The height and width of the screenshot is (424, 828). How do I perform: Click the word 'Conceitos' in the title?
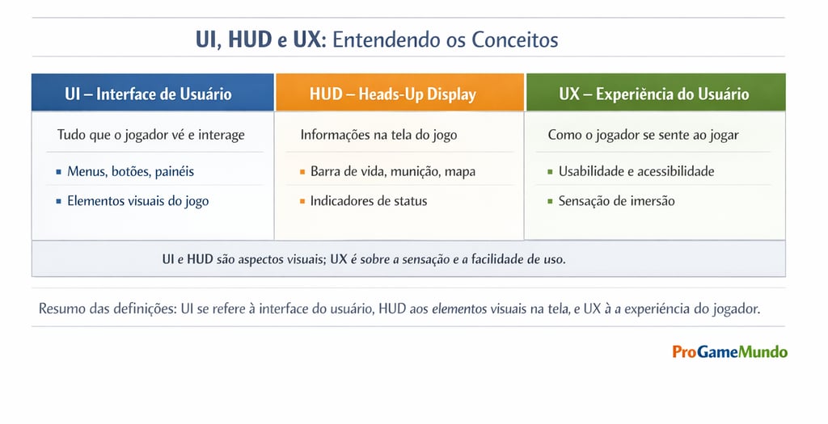pos(514,39)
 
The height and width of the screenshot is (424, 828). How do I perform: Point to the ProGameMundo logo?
pos(729,351)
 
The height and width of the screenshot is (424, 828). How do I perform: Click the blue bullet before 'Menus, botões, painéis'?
pos(58,172)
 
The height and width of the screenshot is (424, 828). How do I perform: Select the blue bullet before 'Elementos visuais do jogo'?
pos(58,201)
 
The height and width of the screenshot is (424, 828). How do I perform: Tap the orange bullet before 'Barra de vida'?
pos(302,172)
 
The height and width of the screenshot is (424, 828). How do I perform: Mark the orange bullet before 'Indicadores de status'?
pos(302,201)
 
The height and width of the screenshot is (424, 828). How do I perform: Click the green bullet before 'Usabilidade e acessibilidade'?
pos(550,172)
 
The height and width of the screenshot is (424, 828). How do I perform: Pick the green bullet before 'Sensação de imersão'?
pos(550,201)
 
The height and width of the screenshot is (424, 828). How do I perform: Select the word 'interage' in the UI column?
pos(216,135)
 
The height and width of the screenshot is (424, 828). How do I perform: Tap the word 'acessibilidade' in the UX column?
pos(675,171)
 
